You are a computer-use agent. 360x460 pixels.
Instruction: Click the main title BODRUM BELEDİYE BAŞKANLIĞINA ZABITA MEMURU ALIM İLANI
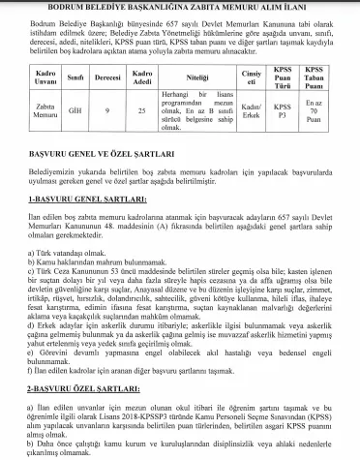click(x=180, y=8)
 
